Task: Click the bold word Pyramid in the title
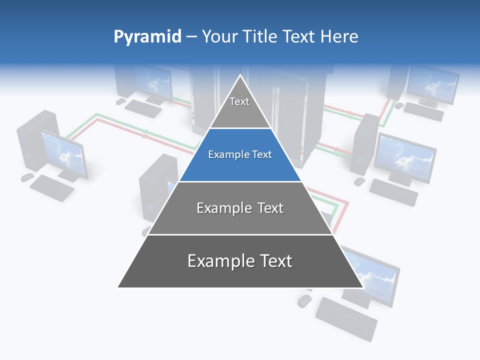(147, 37)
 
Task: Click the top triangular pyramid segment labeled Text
(240, 107)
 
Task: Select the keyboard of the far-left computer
(51, 187)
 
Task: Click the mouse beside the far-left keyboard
(26, 177)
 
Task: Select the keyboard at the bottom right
(346, 318)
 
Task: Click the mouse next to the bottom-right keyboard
(304, 301)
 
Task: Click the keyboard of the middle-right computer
(393, 192)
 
